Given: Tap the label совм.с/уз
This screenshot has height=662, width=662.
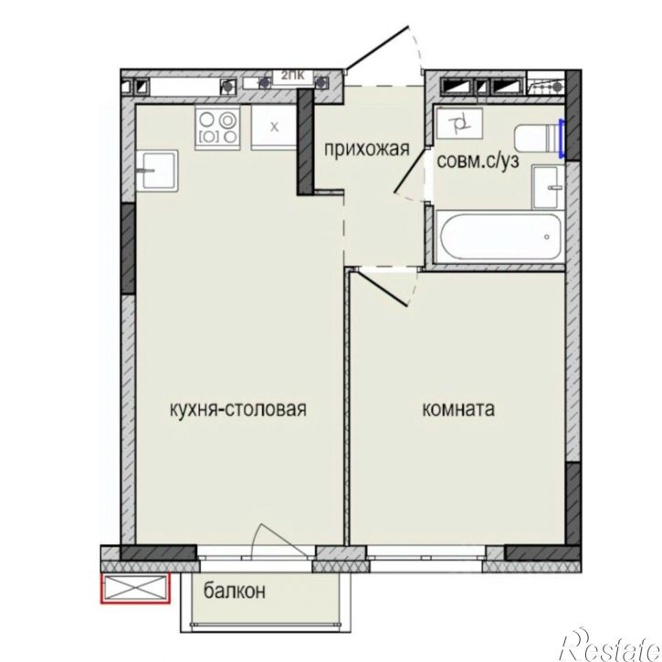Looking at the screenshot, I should click(x=478, y=161).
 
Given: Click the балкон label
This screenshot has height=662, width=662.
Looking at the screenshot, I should click(x=235, y=591).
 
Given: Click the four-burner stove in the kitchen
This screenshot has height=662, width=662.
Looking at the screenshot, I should click(x=219, y=127).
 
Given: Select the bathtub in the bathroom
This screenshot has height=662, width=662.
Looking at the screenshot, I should click(x=498, y=237).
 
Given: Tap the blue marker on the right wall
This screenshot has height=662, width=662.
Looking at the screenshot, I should click(x=563, y=138).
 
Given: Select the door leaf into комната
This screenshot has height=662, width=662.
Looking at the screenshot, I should click(x=384, y=287).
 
